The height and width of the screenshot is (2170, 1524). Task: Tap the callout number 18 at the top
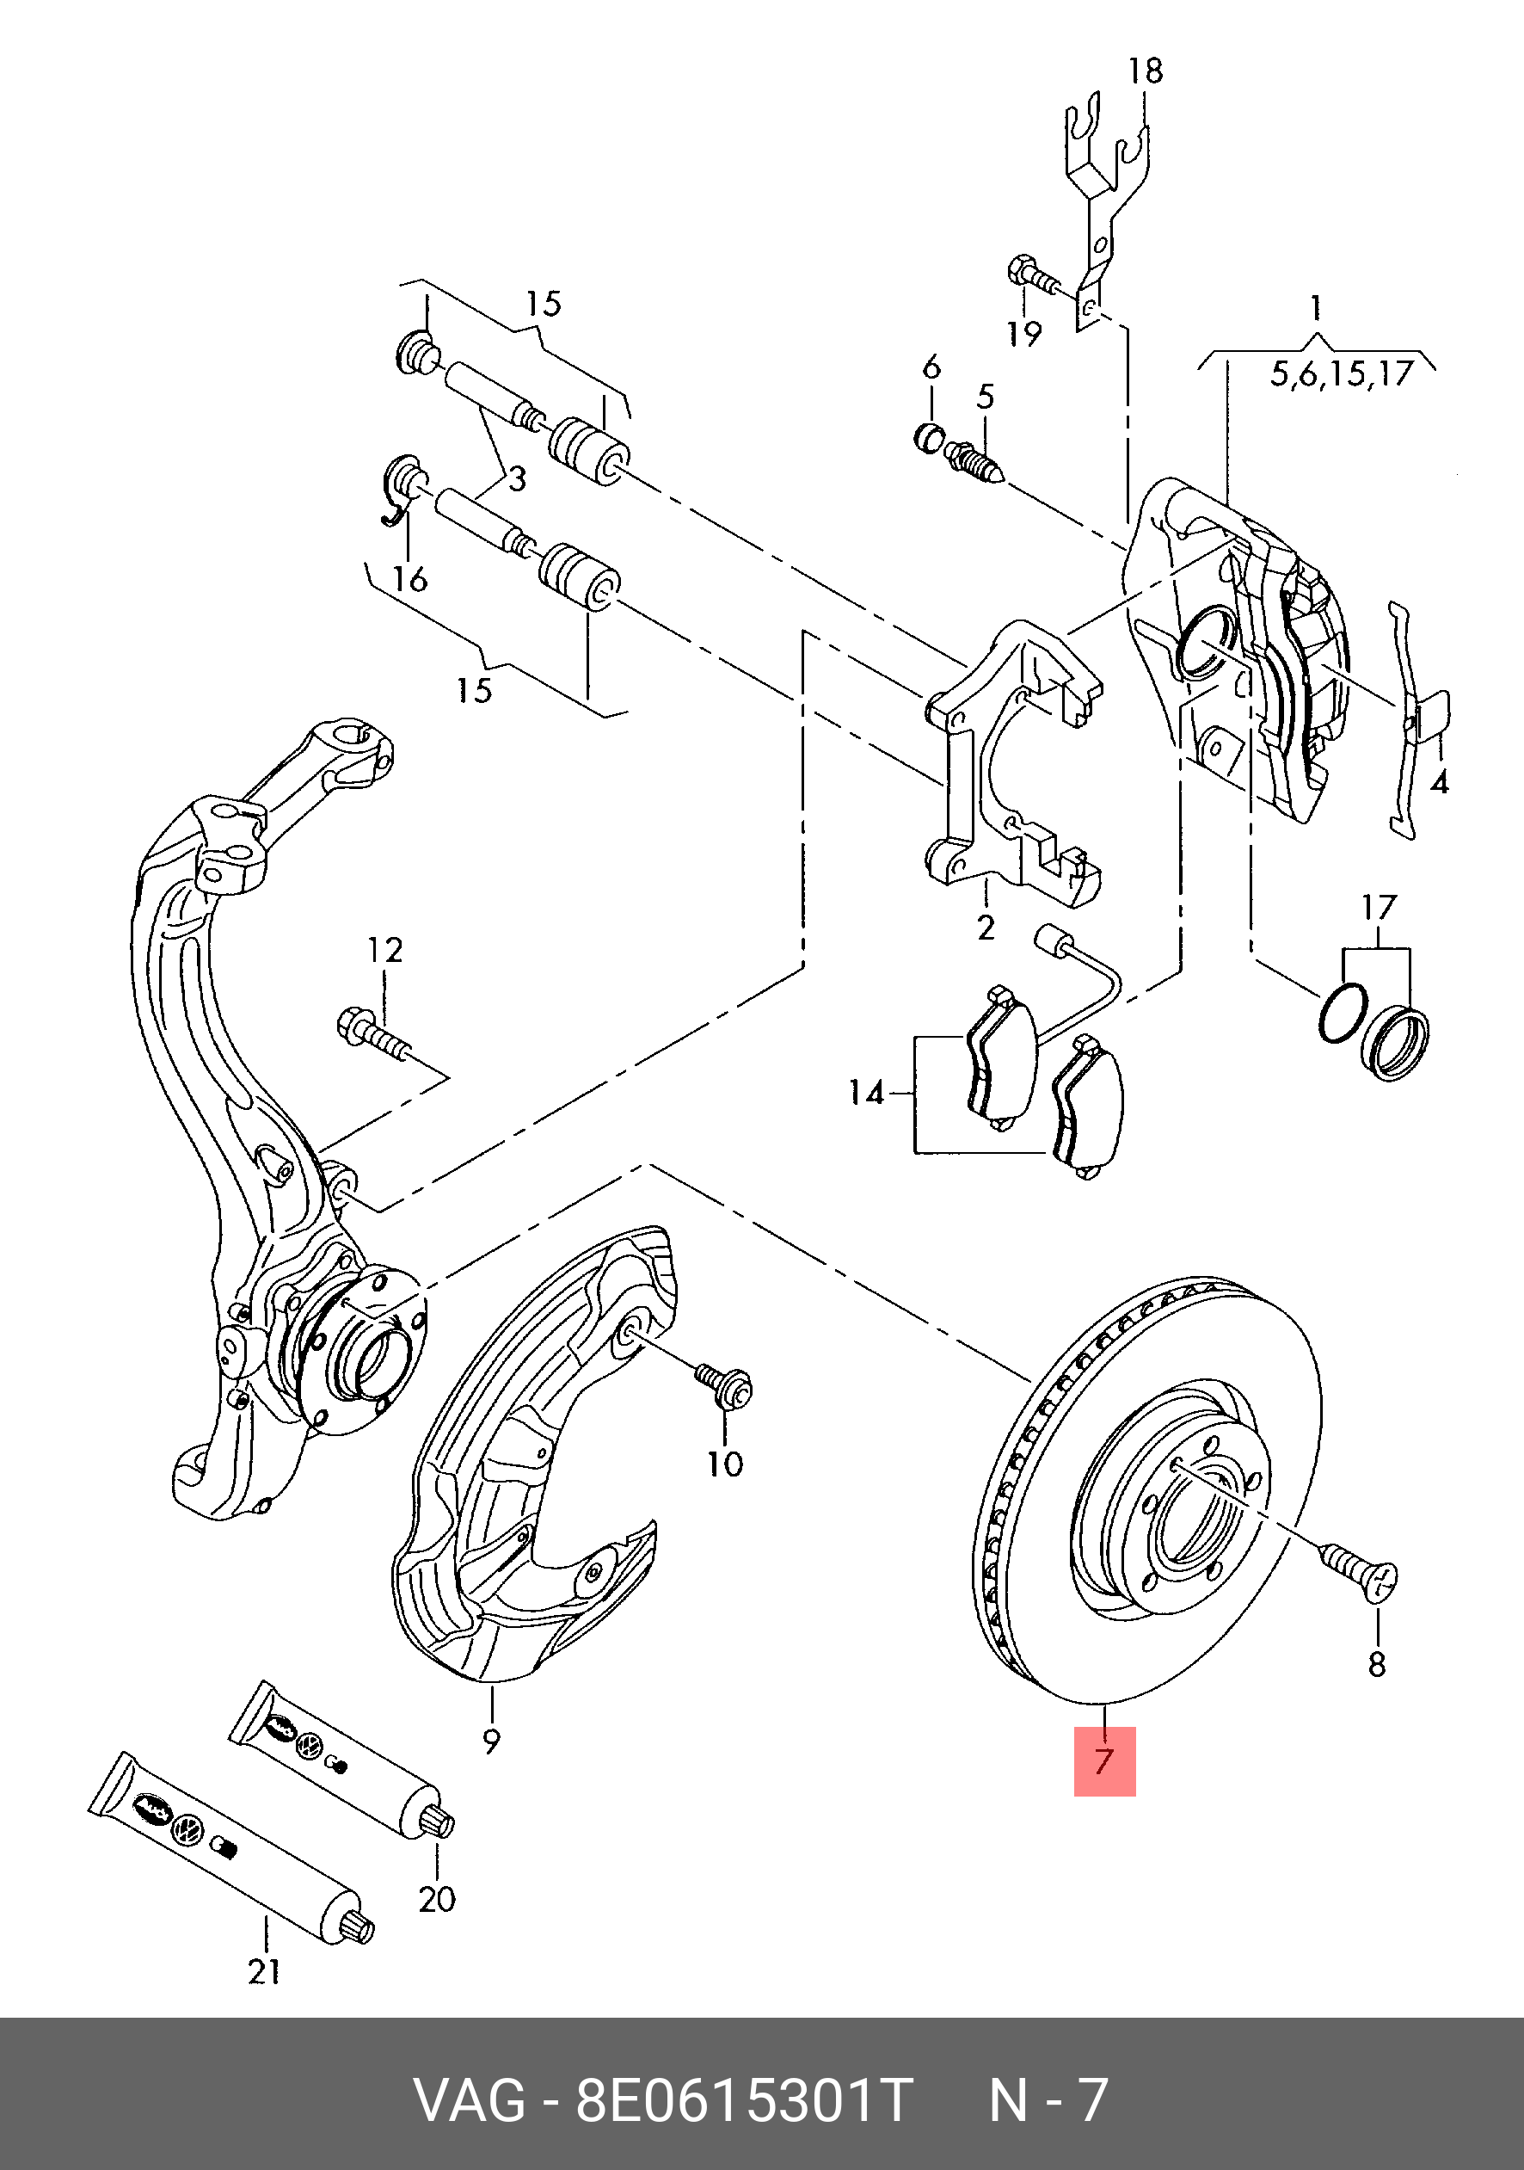(x=1145, y=71)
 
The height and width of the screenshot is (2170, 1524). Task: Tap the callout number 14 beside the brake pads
(x=865, y=1094)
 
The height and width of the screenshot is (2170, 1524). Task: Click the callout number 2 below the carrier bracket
(x=986, y=928)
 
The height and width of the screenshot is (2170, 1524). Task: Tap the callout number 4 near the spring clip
(x=1439, y=783)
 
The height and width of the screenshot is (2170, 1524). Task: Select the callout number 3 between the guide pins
(x=516, y=479)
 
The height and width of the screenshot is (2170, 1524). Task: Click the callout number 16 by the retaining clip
(x=410, y=579)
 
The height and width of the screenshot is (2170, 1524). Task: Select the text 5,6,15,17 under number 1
(x=1341, y=374)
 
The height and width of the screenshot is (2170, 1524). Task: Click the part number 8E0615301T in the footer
(x=744, y=2100)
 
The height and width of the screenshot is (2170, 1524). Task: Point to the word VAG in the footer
(x=470, y=2100)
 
